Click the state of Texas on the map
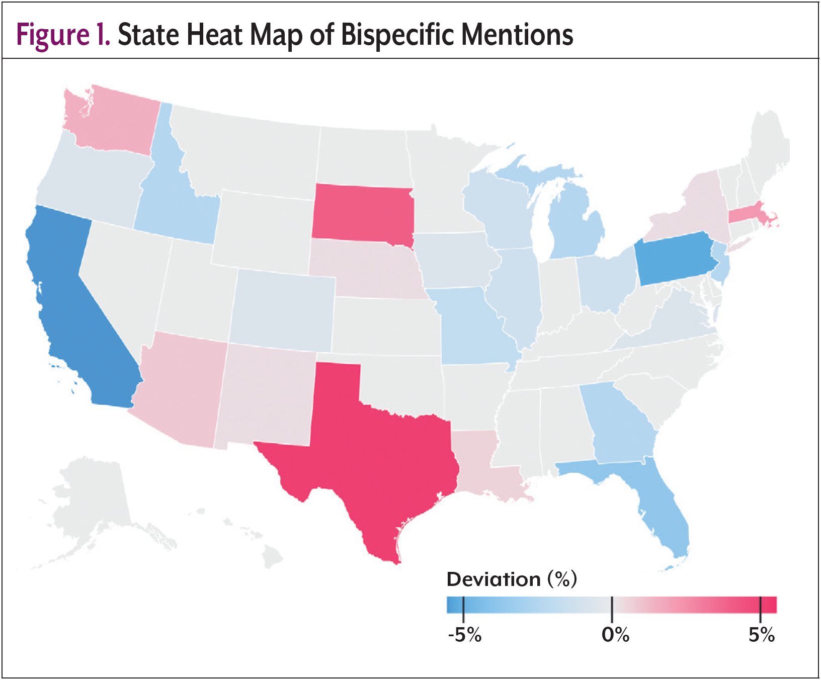pos(372,453)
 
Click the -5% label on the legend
pos(464,635)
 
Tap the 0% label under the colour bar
pos(615,635)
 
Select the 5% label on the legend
pos(761,635)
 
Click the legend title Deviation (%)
pos(512,579)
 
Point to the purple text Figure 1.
pos(63,35)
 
